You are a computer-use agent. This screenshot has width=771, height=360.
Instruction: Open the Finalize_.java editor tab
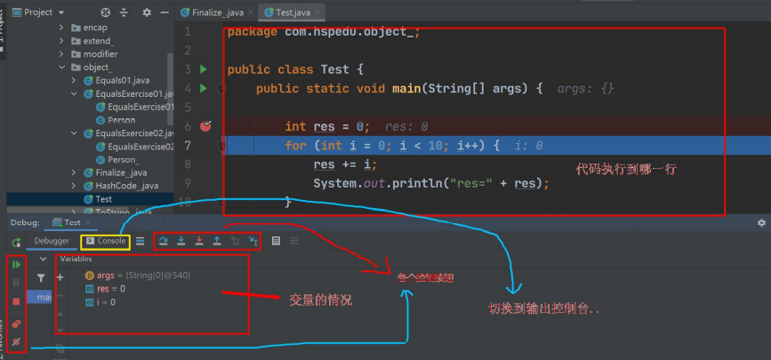click(216, 12)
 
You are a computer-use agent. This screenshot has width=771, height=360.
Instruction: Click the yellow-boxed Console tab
click(106, 241)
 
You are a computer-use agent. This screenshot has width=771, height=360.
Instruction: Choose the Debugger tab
click(51, 241)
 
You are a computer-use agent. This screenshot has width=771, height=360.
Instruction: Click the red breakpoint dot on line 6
click(205, 126)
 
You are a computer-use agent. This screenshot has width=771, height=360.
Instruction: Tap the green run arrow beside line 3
click(204, 69)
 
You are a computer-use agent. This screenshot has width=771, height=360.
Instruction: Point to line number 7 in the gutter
click(186, 146)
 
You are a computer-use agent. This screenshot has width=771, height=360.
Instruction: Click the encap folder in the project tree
click(96, 28)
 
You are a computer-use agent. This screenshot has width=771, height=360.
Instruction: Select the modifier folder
click(100, 54)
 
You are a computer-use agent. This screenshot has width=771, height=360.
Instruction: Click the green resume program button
click(16, 264)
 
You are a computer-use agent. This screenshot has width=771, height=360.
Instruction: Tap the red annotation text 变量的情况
click(322, 300)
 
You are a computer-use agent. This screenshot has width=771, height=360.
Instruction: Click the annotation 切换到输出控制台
click(544, 308)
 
